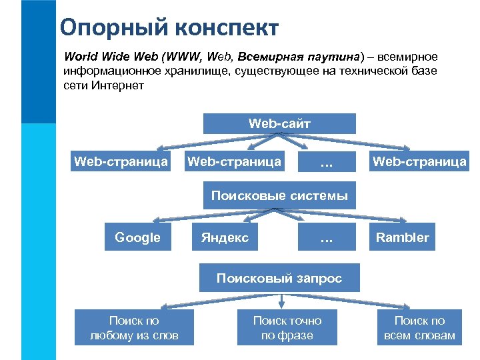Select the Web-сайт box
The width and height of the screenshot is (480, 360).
point(279,123)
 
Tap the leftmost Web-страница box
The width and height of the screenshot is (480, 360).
point(121,161)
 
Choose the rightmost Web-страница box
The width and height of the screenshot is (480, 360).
point(419,161)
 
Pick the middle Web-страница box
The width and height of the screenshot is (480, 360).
point(234,161)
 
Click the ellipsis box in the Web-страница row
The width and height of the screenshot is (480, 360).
point(326,162)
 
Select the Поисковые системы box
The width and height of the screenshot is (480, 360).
point(279,196)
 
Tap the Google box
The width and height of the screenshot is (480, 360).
point(137,237)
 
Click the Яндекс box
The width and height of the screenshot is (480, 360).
point(225,237)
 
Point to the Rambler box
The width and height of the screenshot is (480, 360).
point(402,237)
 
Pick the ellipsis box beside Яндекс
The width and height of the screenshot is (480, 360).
point(326,237)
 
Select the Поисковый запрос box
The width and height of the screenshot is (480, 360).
point(279,278)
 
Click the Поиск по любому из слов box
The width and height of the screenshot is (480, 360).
point(134,328)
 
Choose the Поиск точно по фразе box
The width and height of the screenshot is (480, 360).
point(287,328)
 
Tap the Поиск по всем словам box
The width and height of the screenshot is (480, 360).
point(419,328)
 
